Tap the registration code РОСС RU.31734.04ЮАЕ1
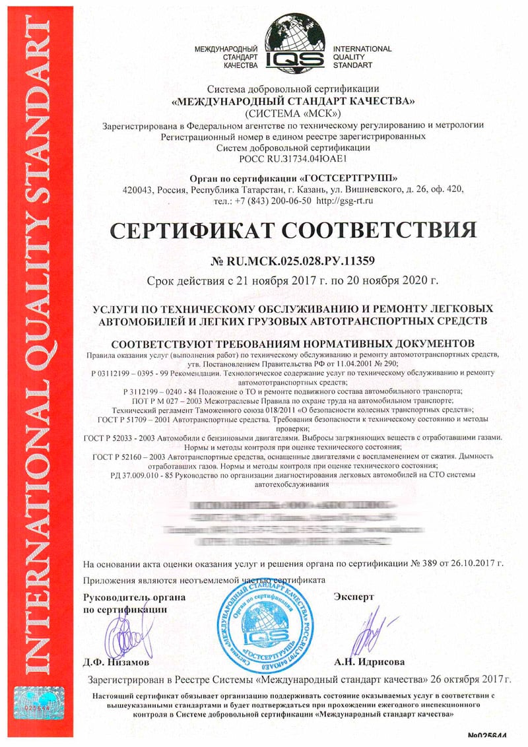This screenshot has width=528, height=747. [292, 159]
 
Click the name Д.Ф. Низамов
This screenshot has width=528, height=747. [117, 661]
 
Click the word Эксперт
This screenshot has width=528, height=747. [354, 597]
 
